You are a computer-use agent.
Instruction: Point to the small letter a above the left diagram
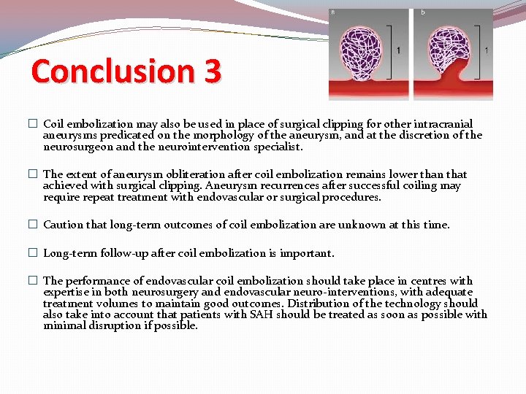point(333,12)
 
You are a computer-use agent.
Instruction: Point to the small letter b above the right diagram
point(422,12)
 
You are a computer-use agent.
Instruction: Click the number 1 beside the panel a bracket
point(398,50)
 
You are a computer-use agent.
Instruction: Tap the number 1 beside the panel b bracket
point(487,50)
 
